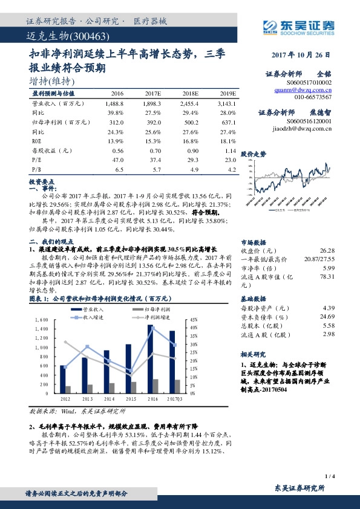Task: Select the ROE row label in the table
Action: click(37, 140)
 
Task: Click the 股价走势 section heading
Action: click(254, 154)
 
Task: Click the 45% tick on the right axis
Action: click(194, 319)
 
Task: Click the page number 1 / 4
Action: click(329, 476)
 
